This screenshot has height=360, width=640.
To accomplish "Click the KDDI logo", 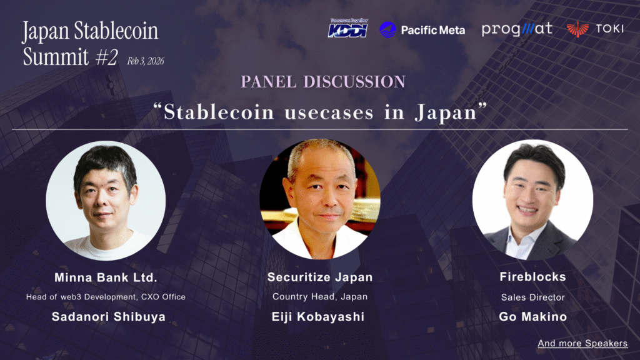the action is click(x=347, y=28).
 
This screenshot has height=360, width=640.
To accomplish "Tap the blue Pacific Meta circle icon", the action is click(x=387, y=30).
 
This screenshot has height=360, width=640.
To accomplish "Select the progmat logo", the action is click(x=517, y=29).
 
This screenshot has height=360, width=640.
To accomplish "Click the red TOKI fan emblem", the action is click(x=577, y=29).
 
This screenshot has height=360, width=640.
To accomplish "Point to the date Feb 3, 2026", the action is click(x=145, y=61).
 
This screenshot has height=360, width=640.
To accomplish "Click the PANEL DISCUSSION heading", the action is click(x=323, y=82).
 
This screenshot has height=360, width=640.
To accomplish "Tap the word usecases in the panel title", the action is click(x=329, y=112).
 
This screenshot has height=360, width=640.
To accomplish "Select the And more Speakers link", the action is click(x=582, y=343).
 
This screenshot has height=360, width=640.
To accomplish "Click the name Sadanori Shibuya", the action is click(x=109, y=317).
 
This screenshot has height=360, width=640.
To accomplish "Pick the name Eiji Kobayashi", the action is click(x=318, y=317).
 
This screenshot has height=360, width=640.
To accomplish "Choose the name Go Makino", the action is click(x=532, y=317).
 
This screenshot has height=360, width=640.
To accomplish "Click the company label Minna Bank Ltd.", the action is click(x=106, y=277).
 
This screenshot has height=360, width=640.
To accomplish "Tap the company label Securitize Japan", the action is click(x=320, y=277).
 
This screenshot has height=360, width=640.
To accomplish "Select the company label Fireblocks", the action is click(x=532, y=277).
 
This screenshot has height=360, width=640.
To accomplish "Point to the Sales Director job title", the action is click(x=532, y=297).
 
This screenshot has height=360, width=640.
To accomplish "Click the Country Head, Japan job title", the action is click(x=320, y=297).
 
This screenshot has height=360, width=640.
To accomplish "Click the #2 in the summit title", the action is click(x=107, y=57).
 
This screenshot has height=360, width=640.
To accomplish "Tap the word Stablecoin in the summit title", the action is click(x=116, y=31).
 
